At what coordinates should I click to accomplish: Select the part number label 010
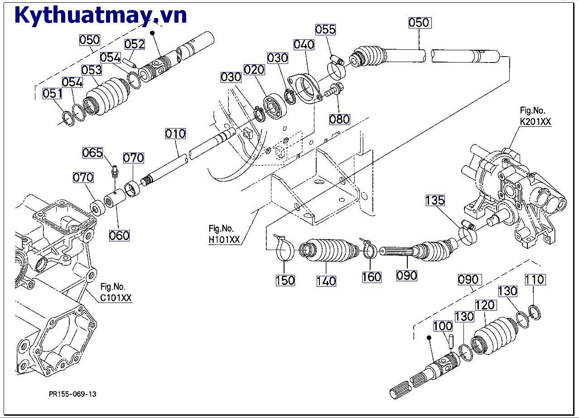point(175,134)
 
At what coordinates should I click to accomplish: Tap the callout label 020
point(254,69)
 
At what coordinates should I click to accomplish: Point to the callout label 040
point(304,44)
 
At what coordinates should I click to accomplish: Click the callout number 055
point(325,29)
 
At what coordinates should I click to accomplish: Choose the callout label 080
point(339,119)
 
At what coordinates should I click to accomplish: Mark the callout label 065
point(92,153)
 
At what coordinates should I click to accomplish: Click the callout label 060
point(119,235)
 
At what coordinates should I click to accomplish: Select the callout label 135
point(435,200)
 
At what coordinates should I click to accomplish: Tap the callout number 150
point(285,280)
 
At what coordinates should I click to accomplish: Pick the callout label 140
point(326,281)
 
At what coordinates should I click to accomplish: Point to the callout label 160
point(372,277)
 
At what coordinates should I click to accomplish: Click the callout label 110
point(535,280)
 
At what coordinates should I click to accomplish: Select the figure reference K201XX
point(536,121)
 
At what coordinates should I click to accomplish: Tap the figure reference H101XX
point(224,240)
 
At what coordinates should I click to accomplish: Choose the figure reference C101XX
point(116,298)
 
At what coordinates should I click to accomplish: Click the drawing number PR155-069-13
point(72,394)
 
